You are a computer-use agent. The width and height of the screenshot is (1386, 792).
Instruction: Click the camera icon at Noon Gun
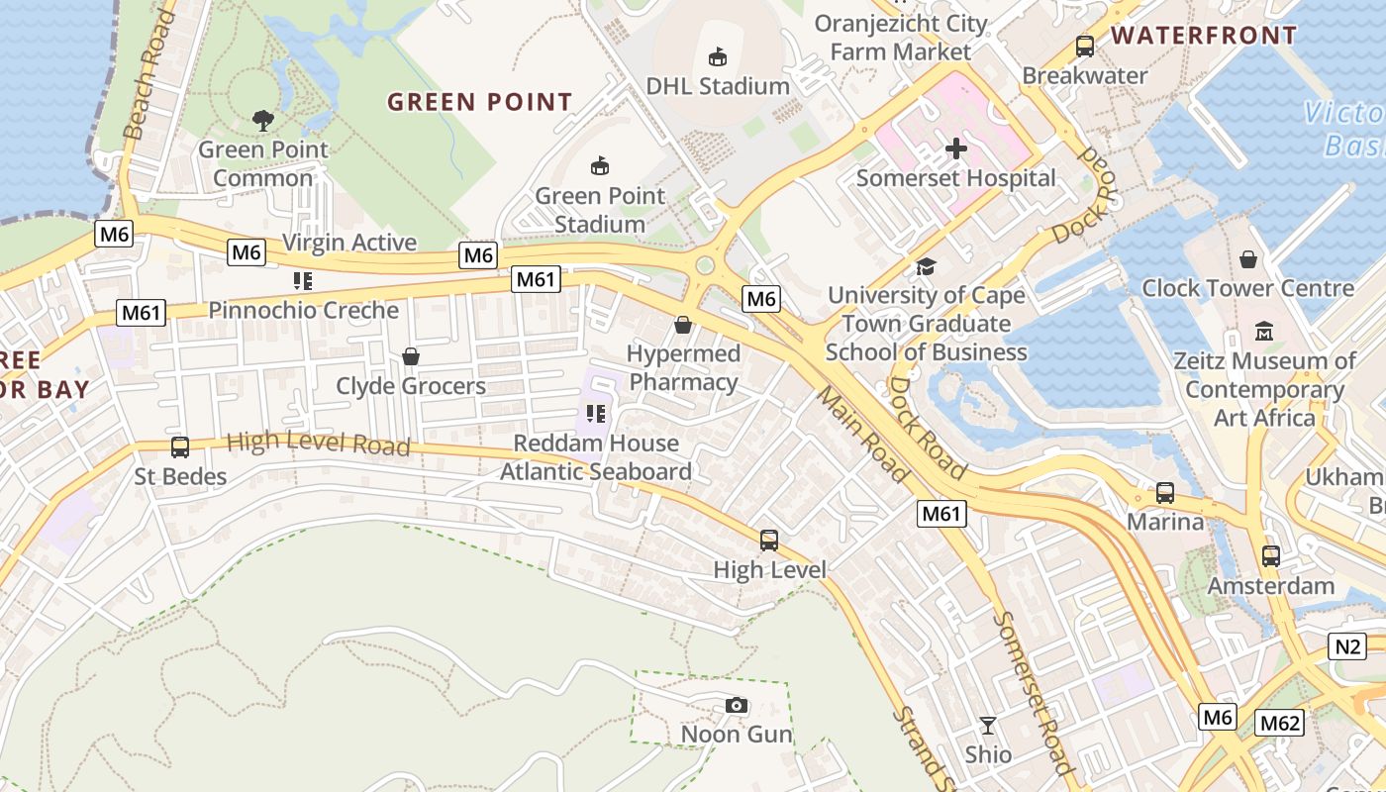click(736, 705)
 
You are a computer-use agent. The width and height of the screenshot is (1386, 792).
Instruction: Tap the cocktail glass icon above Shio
click(987, 726)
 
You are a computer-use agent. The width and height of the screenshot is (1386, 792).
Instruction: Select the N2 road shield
click(1347, 646)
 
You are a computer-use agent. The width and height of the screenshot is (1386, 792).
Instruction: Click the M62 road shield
click(1279, 724)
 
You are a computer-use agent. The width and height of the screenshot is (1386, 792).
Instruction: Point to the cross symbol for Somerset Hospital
click(955, 149)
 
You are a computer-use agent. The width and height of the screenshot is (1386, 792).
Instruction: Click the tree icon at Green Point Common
click(262, 121)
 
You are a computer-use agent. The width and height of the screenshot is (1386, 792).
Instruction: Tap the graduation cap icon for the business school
click(926, 266)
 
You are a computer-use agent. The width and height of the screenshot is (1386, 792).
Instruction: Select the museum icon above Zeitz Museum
click(1263, 331)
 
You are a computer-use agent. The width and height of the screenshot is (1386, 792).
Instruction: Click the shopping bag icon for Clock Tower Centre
click(1247, 259)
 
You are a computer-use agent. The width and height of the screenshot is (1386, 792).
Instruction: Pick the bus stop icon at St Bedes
click(180, 447)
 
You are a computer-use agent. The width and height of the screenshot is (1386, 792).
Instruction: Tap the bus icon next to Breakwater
click(1085, 47)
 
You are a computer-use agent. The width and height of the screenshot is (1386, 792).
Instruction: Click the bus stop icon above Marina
click(1165, 492)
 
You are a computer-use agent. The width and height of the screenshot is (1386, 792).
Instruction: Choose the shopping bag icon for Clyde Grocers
click(410, 356)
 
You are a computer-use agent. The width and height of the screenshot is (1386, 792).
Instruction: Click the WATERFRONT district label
click(1203, 36)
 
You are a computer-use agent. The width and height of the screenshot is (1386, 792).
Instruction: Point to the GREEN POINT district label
click(479, 102)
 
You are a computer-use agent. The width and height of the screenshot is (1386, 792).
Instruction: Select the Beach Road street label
click(147, 74)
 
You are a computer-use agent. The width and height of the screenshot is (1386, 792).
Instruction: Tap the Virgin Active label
click(348, 243)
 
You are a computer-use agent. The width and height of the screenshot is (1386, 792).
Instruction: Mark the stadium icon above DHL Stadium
click(718, 57)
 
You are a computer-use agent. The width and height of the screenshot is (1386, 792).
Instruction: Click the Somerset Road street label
click(1032, 693)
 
